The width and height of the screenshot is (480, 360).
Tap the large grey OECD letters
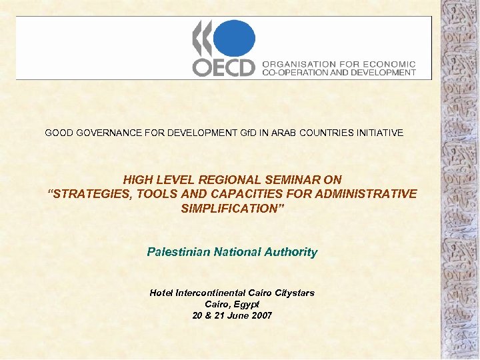click(x=224, y=67)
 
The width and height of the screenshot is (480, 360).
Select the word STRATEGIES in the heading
click(x=84, y=194)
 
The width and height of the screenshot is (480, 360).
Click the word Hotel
click(x=161, y=293)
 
